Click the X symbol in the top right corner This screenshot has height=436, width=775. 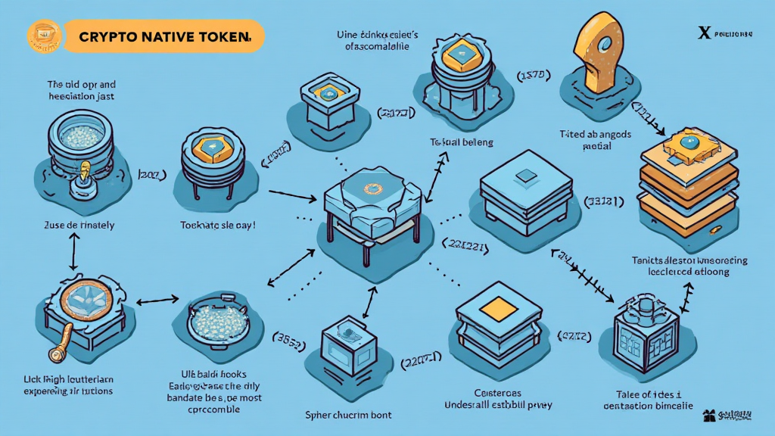click(x=705, y=33)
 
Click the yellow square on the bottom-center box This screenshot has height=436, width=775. click(x=497, y=307)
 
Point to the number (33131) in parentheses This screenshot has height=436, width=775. click(x=603, y=201)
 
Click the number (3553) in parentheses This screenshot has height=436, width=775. click(x=288, y=343)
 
